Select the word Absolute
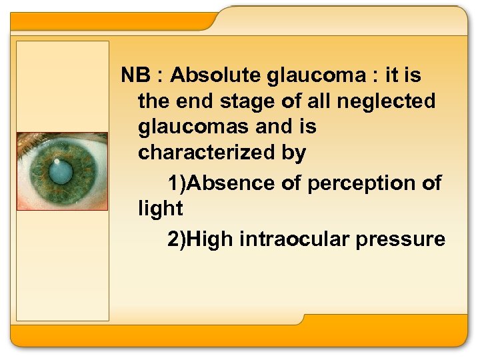pos(215,76)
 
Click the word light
pos(160,209)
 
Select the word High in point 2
pos(209,239)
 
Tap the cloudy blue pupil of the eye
pos(62,173)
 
